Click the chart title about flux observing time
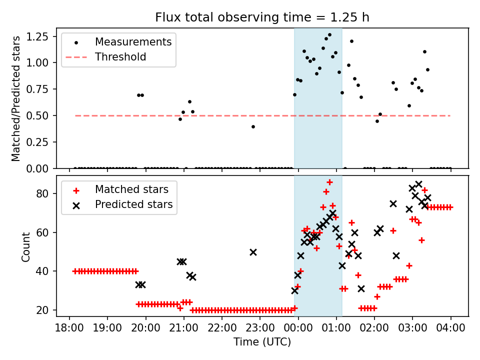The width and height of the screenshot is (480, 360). tap(262, 17)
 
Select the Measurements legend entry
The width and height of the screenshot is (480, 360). tap(133, 41)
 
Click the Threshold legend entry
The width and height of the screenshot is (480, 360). tap(120, 57)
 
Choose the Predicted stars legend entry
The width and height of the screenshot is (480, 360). tap(133, 204)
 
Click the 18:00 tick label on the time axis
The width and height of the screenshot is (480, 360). tap(69, 329)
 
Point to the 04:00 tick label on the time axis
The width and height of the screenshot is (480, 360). tap(450, 329)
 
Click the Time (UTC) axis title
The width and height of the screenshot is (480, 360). tap(262, 342)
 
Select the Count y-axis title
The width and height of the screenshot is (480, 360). tap(26, 246)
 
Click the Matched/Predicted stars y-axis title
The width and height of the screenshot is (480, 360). tap(16, 98)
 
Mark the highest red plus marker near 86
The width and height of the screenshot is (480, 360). tap(329, 182)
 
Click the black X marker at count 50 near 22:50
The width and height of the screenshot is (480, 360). tap(253, 252)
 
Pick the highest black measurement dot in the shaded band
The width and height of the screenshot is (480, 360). tap(329, 35)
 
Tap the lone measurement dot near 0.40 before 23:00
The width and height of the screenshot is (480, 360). tap(253, 126)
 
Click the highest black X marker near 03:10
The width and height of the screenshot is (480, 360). tap(418, 184)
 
